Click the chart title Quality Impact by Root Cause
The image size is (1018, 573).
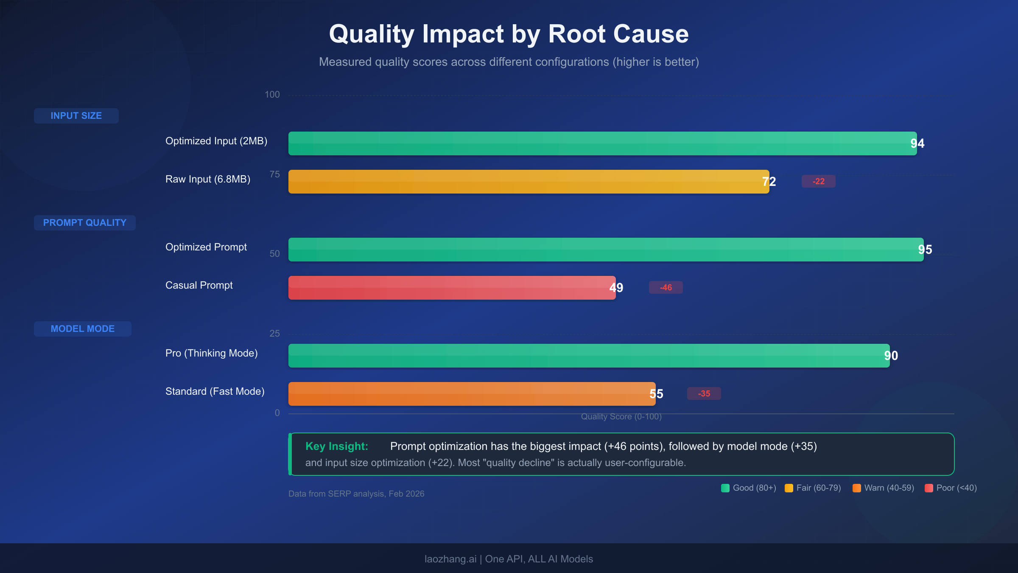point(509,34)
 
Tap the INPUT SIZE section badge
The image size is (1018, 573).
point(76,116)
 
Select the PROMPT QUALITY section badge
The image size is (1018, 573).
point(85,223)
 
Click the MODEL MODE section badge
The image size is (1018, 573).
point(83,329)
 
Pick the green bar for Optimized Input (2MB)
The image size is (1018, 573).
point(594,143)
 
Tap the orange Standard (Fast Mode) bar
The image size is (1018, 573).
point(467,394)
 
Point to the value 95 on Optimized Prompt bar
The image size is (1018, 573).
point(925,250)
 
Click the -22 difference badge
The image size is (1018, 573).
point(818,182)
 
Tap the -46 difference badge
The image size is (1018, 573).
point(666,288)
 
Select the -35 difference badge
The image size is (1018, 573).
point(704,394)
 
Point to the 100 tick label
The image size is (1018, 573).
point(272,95)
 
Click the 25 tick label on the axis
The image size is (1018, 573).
point(274,334)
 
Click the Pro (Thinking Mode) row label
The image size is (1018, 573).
point(211,353)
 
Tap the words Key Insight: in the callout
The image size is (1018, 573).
point(337,446)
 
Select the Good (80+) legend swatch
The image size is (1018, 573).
point(725,488)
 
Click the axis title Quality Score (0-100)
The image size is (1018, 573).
point(621,417)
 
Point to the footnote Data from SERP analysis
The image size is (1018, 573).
point(356,494)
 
